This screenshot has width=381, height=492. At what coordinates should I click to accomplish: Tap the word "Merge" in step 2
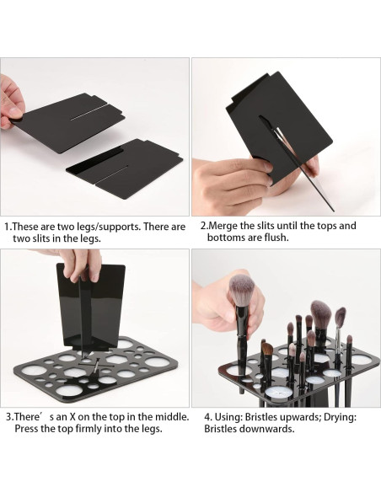click(x=223, y=227)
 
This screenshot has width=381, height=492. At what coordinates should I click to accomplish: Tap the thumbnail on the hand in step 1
click(x=15, y=112)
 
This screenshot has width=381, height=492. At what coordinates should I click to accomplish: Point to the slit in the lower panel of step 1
click(x=112, y=174)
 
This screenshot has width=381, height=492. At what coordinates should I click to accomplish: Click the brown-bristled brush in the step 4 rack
click(x=267, y=348)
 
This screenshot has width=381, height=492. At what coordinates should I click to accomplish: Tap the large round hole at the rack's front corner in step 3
click(x=69, y=390)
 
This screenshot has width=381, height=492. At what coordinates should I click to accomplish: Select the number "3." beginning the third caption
click(x=10, y=417)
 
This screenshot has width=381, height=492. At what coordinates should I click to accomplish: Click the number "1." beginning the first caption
click(x=8, y=227)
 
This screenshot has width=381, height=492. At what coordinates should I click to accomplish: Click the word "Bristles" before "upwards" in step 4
click(x=260, y=418)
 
